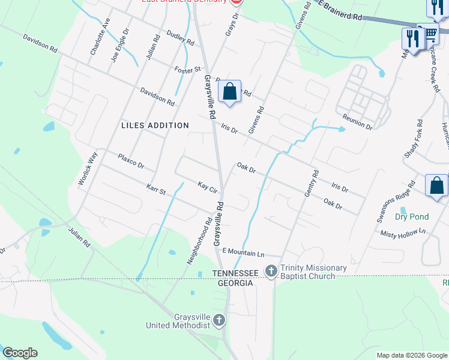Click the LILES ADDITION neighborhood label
[x=155, y=125]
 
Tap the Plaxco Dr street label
[x=131, y=160]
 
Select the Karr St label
[x=155, y=189]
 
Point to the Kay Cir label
[x=207, y=187]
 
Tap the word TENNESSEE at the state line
[x=235, y=273]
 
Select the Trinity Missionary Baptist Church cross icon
[x=271, y=272]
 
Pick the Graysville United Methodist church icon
[x=219, y=320]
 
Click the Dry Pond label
[x=412, y=217]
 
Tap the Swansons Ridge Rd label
[x=396, y=202]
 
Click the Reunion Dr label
[x=358, y=122]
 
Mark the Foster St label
[x=187, y=70]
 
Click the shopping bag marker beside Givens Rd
[x=229, y=92]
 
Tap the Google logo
[x=20, y=353]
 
